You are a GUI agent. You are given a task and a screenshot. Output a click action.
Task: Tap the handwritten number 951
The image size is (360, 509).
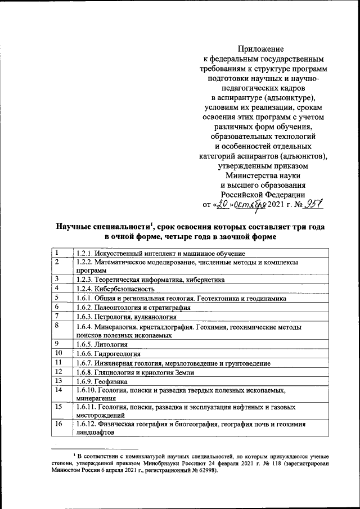314,206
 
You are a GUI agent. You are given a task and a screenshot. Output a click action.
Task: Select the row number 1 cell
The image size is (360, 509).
61,253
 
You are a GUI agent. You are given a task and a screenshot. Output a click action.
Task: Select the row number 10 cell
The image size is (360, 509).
61,353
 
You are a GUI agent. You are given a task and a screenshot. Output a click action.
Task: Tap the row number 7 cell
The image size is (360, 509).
61,317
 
